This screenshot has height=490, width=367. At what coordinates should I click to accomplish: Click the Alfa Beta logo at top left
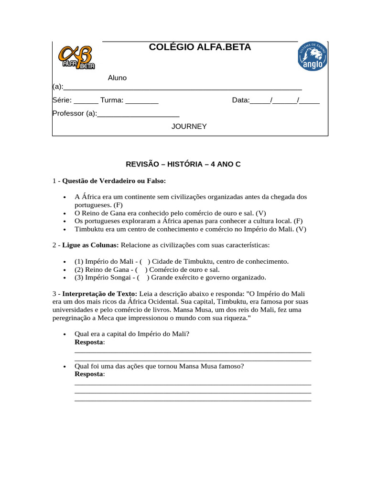pos(76,57)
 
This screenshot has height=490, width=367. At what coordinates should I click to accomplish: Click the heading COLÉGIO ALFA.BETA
pos(200,47)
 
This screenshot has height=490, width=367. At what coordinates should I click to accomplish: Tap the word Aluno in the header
pos(117,78)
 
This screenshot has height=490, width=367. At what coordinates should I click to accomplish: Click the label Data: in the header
pos(241,100)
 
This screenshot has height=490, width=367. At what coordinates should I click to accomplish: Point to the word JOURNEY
pos(189,126)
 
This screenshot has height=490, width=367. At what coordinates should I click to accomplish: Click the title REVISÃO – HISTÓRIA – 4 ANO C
pos(183,164)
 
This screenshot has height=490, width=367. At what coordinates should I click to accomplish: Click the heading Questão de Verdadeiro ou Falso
pos(114,181)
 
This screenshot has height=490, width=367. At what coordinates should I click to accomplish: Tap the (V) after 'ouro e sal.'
pos(261,212)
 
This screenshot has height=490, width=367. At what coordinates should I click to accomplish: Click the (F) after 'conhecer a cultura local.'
pos(299,221)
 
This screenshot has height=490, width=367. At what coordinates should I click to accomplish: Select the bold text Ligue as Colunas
pos(90,245)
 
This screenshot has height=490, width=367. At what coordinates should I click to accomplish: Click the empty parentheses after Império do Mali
pos(145,261)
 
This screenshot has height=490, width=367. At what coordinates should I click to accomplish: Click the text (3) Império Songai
pos(102,278)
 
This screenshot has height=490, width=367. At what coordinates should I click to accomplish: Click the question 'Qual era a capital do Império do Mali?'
pos(132,334)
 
